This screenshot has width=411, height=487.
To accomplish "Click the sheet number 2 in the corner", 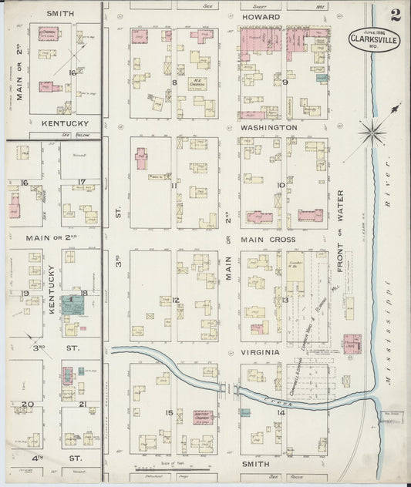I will pyautogui.click(x=395, y=15).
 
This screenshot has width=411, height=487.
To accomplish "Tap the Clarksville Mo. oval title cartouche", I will pyautogui.click(x=374, y=40).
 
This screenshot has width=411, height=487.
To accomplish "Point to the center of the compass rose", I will pyautogui.click(x=374, y=133).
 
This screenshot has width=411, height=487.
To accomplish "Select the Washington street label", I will pyautogui.click(x=268, y=127).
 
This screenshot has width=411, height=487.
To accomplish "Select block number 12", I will pyautogui.click(x=176, y=300).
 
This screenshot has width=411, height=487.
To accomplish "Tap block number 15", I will pyautogui.click(x=168, y=413).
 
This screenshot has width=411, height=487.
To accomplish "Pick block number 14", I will pyautogui.click(x=281, y=414).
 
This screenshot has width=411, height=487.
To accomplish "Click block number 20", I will pyautogui.click(x=28, y=404).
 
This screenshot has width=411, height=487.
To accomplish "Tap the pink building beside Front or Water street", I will pyautogui.click(x=352, y=343).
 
